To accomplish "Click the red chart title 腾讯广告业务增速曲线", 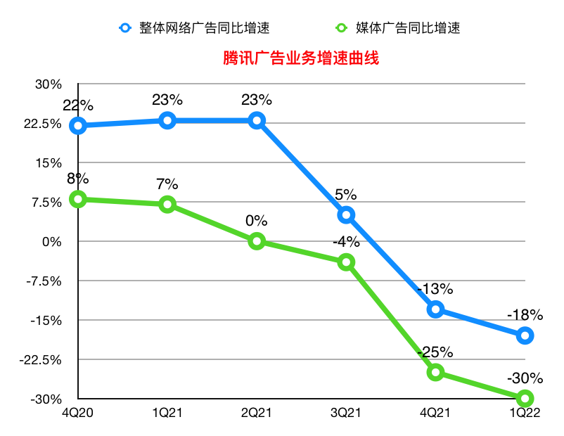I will pos(300,58).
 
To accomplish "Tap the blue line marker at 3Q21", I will pos(346,214).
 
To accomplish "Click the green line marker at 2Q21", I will pos(257,241).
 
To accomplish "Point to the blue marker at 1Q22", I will pos(525,335).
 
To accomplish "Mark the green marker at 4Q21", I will pos(435,372).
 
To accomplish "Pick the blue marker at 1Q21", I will pos(167,120).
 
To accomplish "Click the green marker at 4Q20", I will pos(78,199).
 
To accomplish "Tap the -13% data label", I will pos(435,289).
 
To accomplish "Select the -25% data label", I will pos(435,352).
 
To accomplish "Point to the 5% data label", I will pos(346,195).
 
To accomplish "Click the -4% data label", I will pos(346,243).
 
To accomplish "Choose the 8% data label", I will pos(78,179).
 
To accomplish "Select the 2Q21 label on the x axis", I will pos(257,413).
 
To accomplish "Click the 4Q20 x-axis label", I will pos(78,413).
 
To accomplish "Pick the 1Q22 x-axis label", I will pos(525,413).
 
